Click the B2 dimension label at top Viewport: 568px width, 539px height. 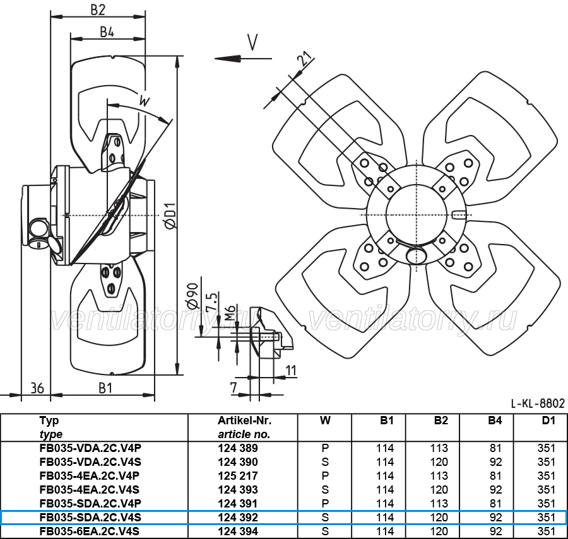click(x=97, y=9)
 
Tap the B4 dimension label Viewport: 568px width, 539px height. click(x=107, y=32)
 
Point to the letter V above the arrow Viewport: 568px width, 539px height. click(x=252, y=42)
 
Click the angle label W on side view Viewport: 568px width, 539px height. click(x=145, y=101)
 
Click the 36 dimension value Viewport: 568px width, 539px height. click(x=37, y=388)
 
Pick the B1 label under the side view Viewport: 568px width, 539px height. click(x=105, y=388)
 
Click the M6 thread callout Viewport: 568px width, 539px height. click(x=230, y=312)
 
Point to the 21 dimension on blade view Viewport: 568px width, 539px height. click(x=305, y=58)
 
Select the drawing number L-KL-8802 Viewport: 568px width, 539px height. click(x=538, y=403)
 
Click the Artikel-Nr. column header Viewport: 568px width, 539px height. click(x=244, y=420)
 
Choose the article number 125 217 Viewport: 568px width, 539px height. click(x=238, y=476)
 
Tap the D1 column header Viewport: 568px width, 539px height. click(x=548, y=420)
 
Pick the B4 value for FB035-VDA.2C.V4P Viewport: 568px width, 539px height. click(x=495, y=448)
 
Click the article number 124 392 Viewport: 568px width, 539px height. click(x=238, y=518)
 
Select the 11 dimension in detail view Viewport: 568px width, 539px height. click(x=291, y=371)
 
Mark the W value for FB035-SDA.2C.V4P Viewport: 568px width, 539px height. click(x=325, y=504)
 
